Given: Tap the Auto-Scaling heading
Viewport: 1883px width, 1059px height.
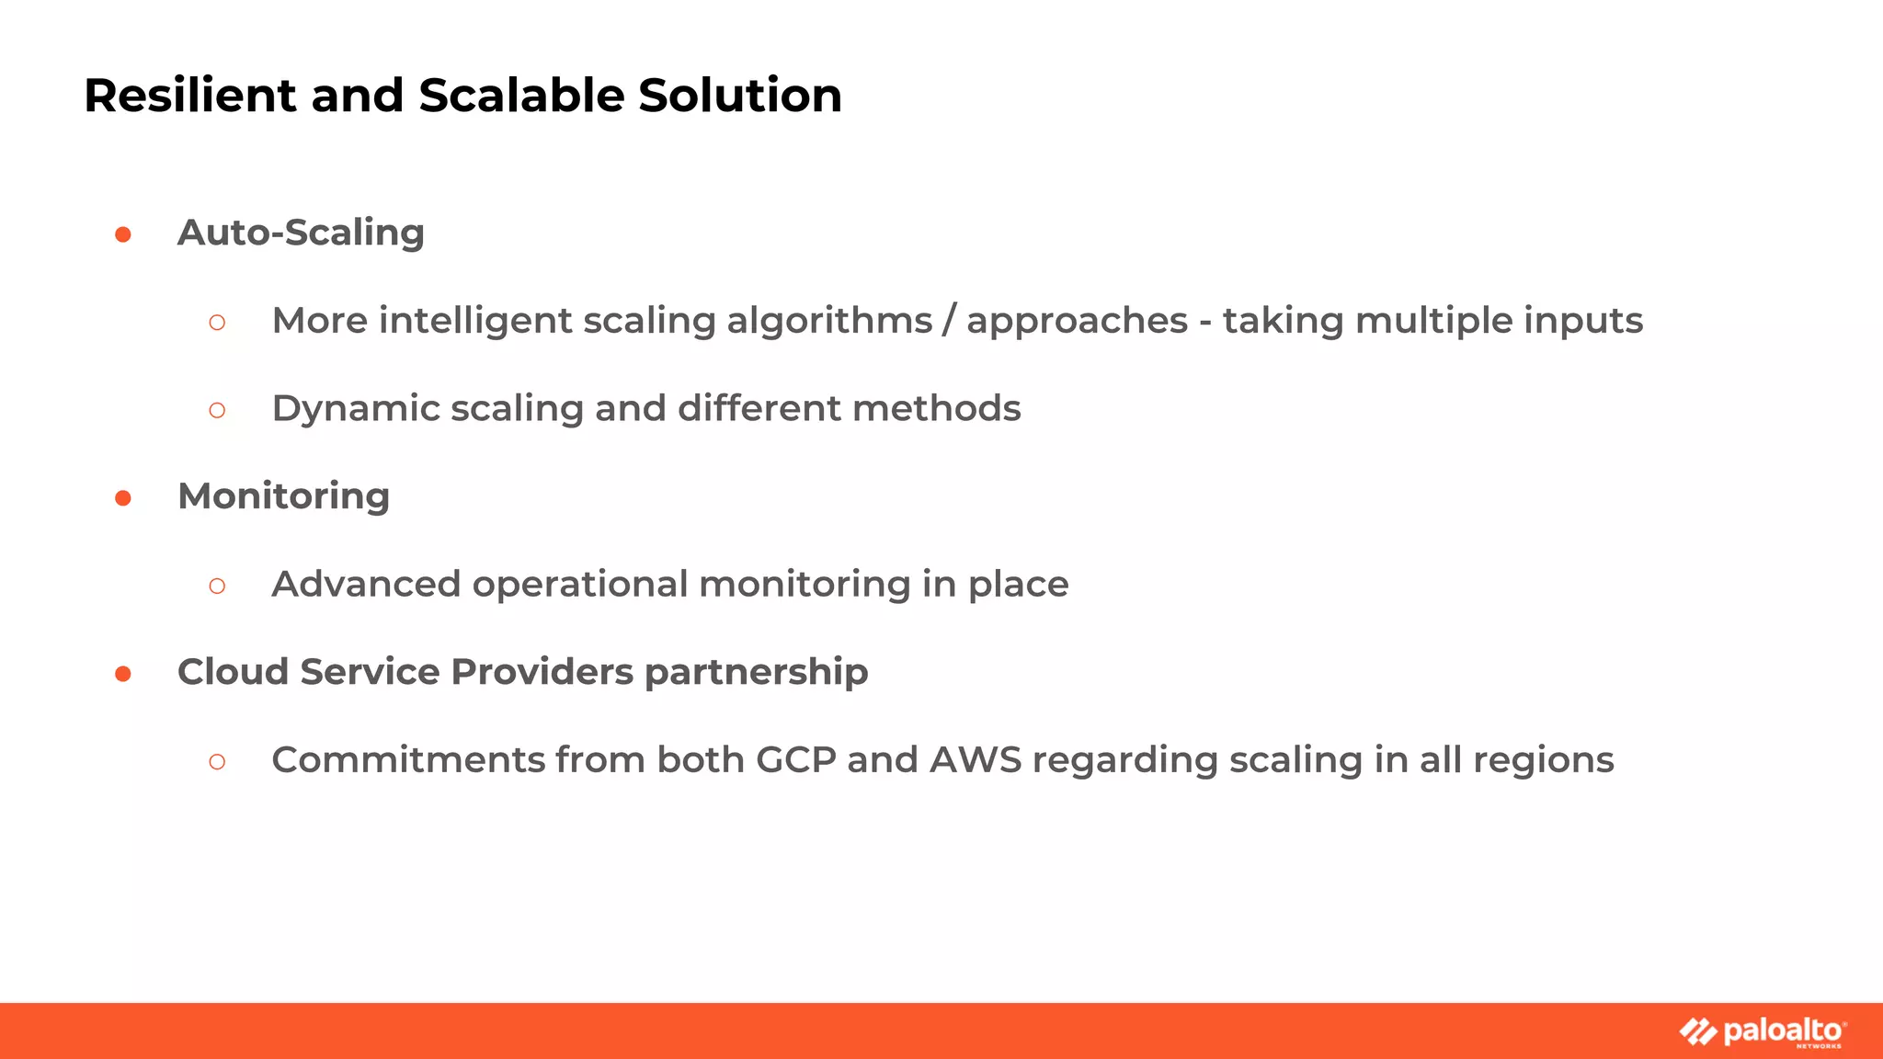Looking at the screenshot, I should pyautogui.click(x=301, y=233).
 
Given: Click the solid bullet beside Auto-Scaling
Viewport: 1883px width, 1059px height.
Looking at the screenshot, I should pyautogui.click(x=123, y=235).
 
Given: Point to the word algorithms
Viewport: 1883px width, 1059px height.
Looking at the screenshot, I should pyautogui.click(x=829, y=321).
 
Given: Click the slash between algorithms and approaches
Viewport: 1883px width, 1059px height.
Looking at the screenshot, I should pyautogui.click(x=949, y=321).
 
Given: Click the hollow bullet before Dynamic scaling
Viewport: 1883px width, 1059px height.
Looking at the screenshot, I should pyautogui.click(x=217, y=410).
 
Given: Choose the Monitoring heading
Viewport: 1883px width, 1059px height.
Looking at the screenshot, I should pyautogui.click(x=283, y=496).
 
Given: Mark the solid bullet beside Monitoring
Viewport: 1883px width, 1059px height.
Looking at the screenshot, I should pyautogui.click(x=123, y=498).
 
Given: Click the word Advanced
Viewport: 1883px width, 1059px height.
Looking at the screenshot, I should pyautogui.click(x=366, y=585).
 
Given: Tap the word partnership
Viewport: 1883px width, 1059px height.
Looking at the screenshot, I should pyautogui.click(x=756, y=673).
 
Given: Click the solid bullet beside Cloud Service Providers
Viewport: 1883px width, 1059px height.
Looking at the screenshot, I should pyautogui.click(x=123, y=675).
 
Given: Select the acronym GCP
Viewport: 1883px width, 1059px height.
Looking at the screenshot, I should pyautogui.click(x=795, y=760).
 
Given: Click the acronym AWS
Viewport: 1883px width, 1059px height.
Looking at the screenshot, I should pyautogui.click(x=976, y=760).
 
